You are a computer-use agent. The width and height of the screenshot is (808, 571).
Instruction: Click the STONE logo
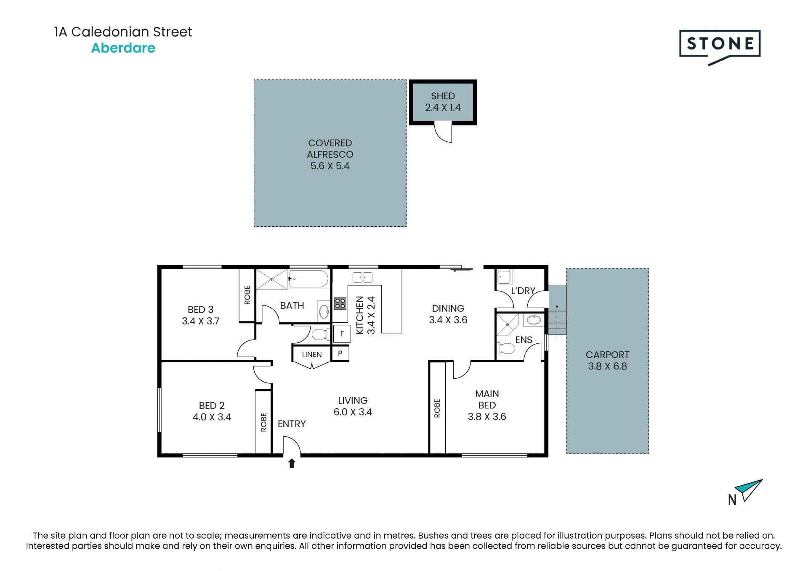point(720,46)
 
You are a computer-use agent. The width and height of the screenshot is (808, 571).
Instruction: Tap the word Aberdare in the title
point(123,48)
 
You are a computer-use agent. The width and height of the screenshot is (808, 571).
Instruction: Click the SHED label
point(443,96)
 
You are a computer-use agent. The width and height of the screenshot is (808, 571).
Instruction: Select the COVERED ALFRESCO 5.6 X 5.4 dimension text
point(330,166)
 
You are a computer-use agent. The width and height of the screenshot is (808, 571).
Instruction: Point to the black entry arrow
point(292,463)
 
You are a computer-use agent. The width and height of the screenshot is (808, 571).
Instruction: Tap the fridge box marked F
point(342,334)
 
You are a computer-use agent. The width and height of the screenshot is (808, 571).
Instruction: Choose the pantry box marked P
point(340,353)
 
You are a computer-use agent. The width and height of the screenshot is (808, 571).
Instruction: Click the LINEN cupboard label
point(312,355)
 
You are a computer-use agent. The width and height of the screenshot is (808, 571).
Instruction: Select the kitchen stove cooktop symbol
point(340,303)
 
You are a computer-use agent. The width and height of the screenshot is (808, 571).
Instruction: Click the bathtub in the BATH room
point(308,279)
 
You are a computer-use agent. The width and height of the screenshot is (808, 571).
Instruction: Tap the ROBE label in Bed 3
point(247,295)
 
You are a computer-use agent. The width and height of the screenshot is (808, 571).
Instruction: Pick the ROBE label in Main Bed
point(437,408)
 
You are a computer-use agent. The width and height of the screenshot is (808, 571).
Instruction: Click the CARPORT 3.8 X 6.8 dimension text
point(607,366)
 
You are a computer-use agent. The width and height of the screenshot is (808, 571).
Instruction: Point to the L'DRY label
point(523,291)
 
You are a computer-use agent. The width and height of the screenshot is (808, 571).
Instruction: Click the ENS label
point(524,340)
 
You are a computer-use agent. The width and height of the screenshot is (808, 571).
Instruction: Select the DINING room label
point(448,308)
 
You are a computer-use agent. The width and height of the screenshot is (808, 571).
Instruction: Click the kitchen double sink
point(362,277)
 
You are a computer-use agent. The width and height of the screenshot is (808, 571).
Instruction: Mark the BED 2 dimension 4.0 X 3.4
point(212,417)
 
